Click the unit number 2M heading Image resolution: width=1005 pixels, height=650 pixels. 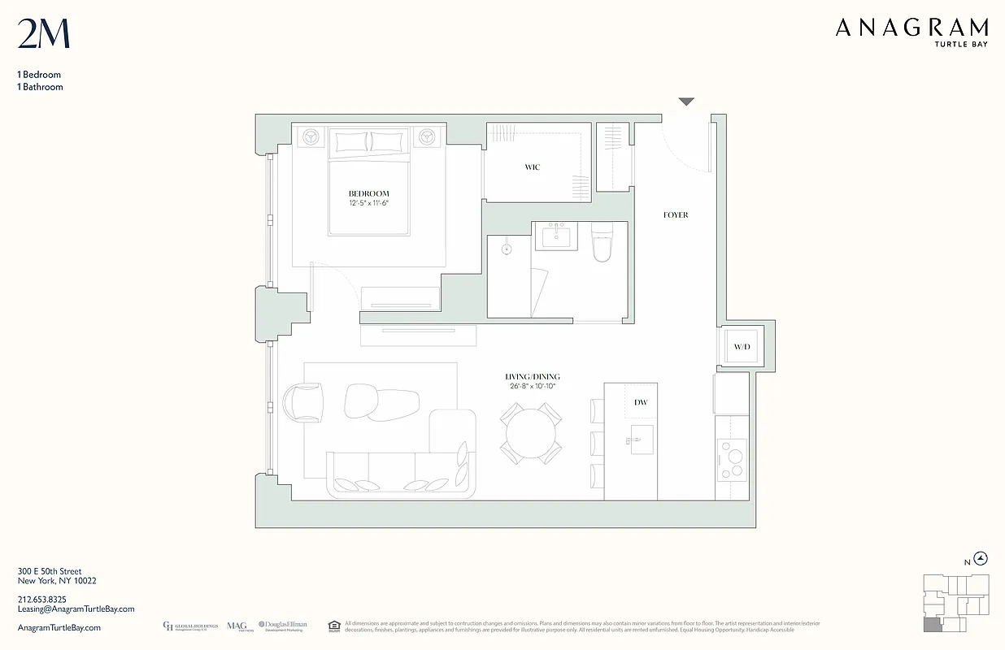tap(43, 34)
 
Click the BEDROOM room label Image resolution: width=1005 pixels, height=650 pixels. tap(368, 193)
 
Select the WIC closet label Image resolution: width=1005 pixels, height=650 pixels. tap(532, 167)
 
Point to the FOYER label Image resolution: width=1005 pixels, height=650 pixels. tap(675, 215)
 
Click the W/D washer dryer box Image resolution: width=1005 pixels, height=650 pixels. tap(742, 348)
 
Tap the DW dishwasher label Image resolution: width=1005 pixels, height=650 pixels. tap(641, 402)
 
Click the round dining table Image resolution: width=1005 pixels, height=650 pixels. tap(529, 435)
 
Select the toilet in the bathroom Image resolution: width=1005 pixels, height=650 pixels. tap(602, 244)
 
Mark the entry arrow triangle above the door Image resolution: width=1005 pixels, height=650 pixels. tap(686, 102)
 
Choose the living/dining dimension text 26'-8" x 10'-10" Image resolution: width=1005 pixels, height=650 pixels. tap(532, 387)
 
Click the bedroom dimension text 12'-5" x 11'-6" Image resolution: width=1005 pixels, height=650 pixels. tap(368, 203)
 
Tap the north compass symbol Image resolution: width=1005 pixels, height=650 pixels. tap(981, 558)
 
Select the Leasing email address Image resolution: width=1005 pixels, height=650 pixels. tap(76, 609)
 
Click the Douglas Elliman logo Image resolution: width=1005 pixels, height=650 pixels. tap(283, 626)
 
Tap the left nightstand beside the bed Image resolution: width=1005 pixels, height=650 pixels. tap(310, 137)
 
